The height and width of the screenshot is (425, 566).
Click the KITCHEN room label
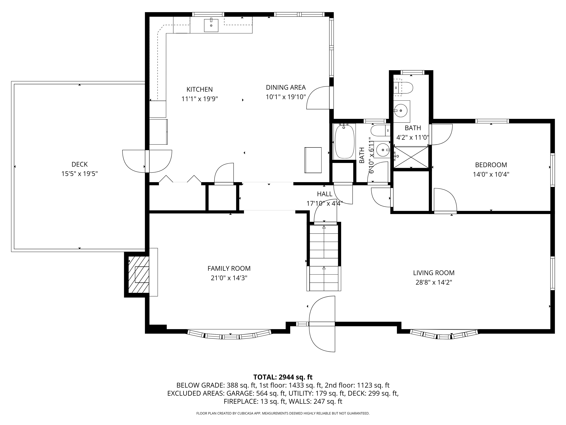[x=199, y=89]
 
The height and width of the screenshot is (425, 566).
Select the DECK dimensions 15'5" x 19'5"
[x=79, y=174]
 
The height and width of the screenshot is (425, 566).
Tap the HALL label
[x=324, y=194]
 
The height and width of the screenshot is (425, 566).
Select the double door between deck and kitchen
[x=147, y=161]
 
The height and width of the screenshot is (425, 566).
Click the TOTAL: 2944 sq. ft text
[x=283, y=377]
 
